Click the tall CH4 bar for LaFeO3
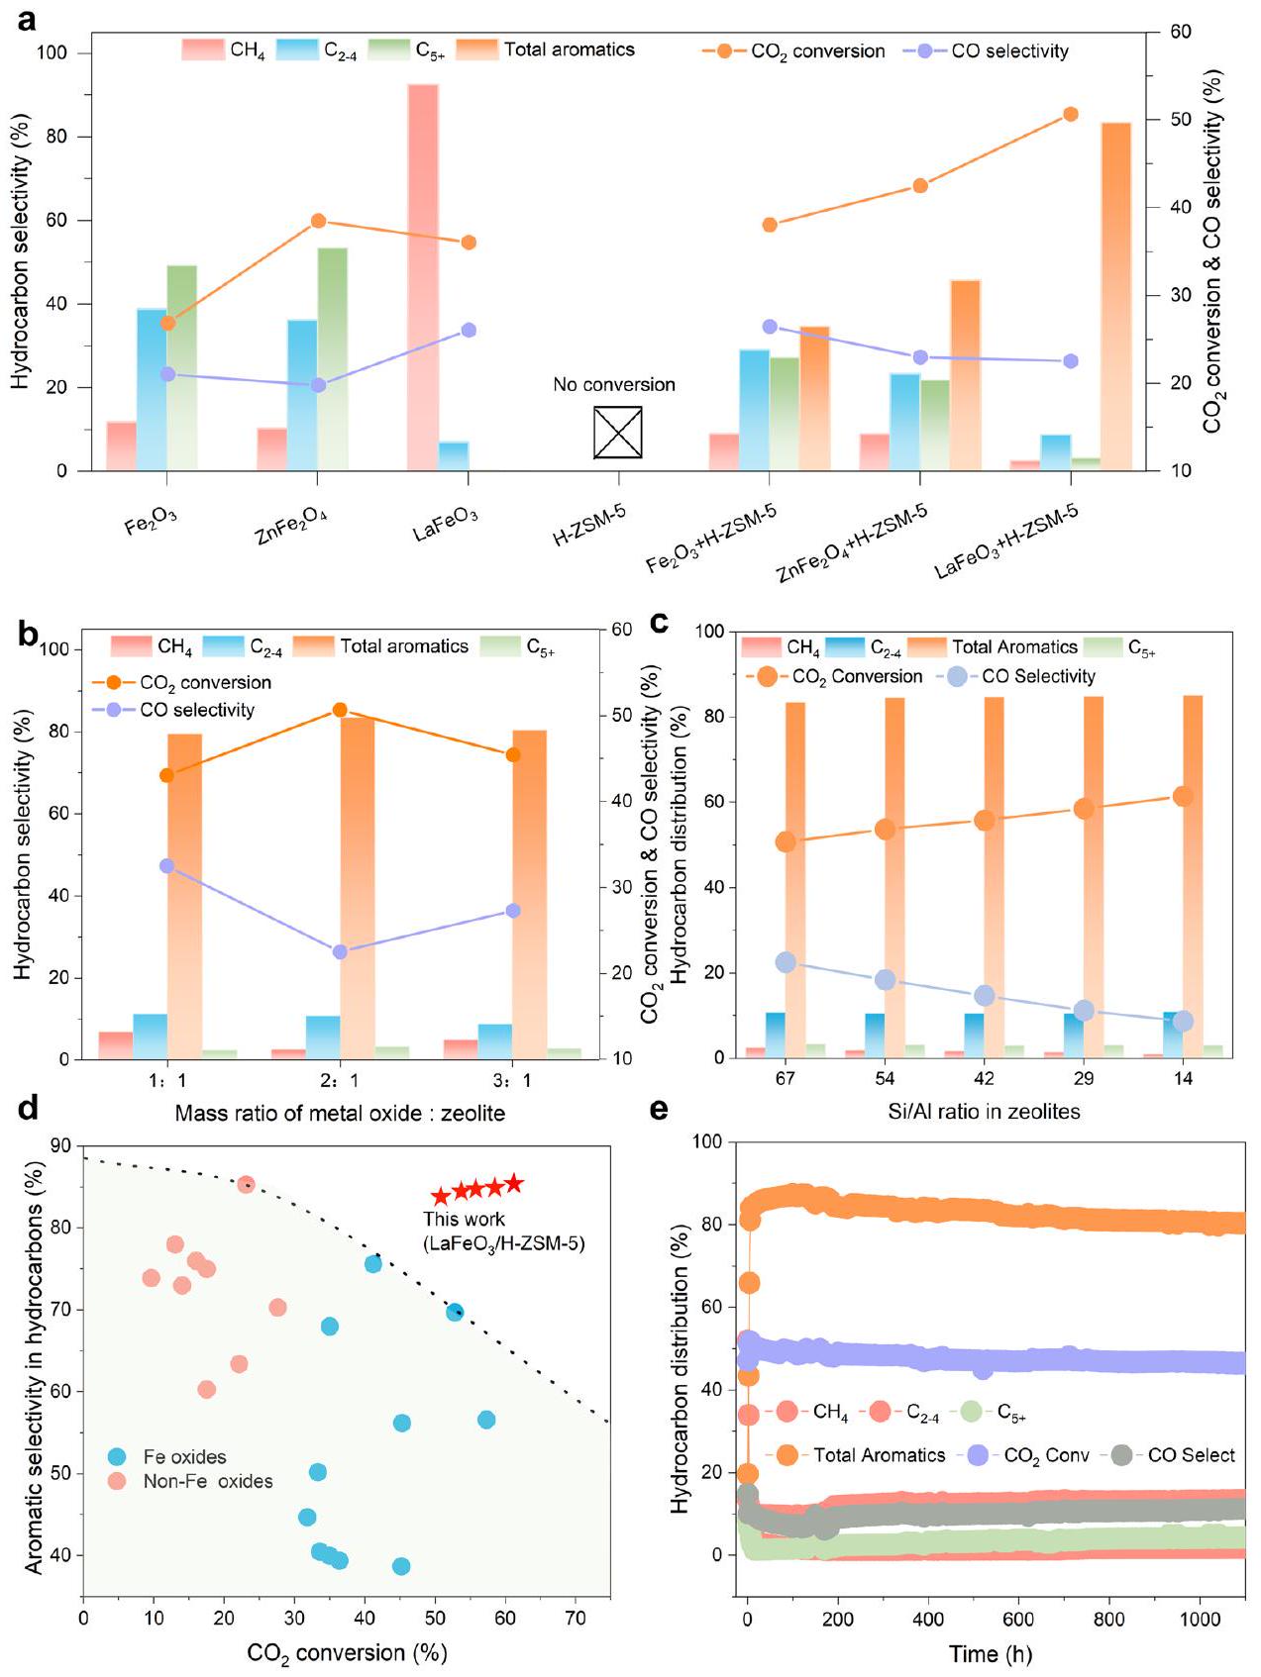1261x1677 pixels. pyautogui.click(x=423, y=277)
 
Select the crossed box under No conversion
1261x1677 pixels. pyautogui.click(x=617, y=433)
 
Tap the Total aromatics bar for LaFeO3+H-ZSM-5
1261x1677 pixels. pyautogui.click(x=1115, y=297)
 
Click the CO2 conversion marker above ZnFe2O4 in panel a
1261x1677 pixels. pyautogui.click(x=318, y=221)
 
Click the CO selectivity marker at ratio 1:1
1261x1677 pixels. pyautogui.click(x=166, y=866)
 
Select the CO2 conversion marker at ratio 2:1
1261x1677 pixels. pyautogui.click(x=340, y=710)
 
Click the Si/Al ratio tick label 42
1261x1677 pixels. pyautogui.click(x=984, y=1079)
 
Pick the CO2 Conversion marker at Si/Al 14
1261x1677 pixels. pyautogui.click(x=1183, y=796)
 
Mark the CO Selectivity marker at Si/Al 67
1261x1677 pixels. pyautogui.click(x=786, y=962)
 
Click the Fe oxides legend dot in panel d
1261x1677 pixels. pyautogui.click(x=118, y=1457)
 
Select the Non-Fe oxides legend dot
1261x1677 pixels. pyautogui.click(x=118, y=1481)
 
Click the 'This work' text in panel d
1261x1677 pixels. pyautogui.click(x=464, y=1220)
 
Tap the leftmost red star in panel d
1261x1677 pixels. pyautogui.click(x=441, y=1197)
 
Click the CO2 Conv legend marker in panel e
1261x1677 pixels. pyautogui.click(x=978, y=1455)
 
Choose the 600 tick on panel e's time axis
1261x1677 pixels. pyautogui.click(x=1018, y=1619)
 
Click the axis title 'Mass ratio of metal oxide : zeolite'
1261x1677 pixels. pyautogui.click(x=340, y=1114)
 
